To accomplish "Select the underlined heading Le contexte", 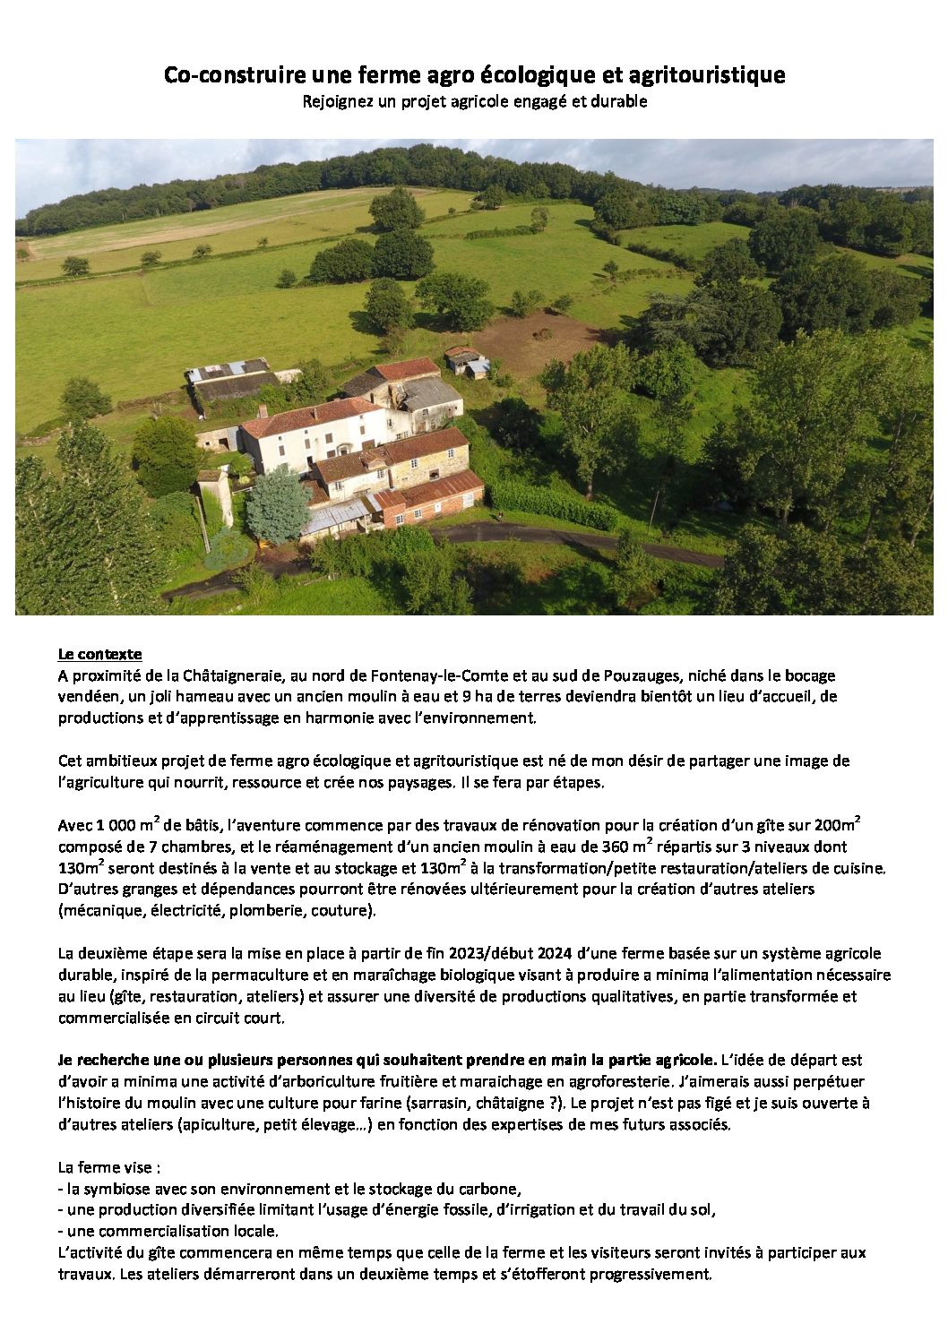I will click(x=99, y=654).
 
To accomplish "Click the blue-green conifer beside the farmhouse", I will click(x=277, y=504).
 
